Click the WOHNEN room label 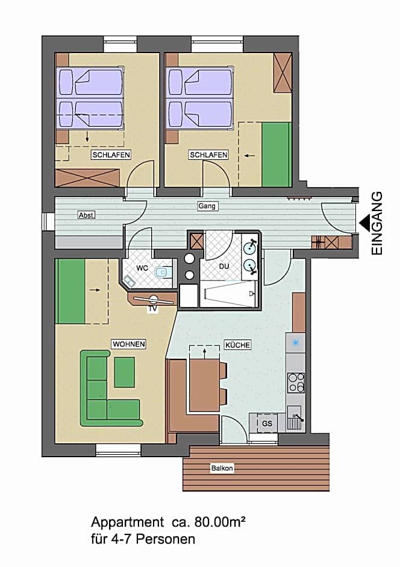click(x=129, y=344)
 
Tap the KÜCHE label click(x=237, y=344)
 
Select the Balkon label click(x=222, y=468)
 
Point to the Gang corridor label click(x=207, y=206)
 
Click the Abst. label click(x=87, y=215)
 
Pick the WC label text click(x=142, y=268)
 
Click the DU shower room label click(x=224, y=267)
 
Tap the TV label click(x=152, y=309)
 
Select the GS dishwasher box click(x=267, y=423)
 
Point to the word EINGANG click(x=377, y=223)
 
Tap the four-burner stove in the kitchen click(x=296, y=382)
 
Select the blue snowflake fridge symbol click(x=295, y=343)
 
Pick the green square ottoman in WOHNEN click(x=125, y=372)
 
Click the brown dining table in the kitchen click(x=205, y=385)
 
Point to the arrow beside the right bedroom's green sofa click(x=249, y=156)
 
